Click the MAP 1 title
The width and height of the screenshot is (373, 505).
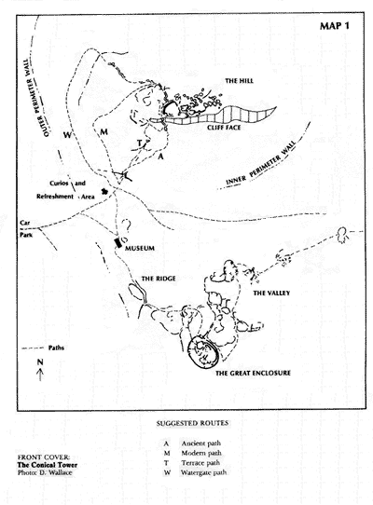pos(335,26)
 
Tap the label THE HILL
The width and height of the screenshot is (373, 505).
pos(239,81)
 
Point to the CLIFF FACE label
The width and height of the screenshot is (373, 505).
pos(224,128)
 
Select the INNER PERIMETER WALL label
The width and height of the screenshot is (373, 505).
pos(260,165)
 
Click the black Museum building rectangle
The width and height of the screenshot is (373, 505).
pos(118,242)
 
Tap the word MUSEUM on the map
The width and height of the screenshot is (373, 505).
pos(140,249)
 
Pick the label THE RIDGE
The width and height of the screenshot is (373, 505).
pos(159,279)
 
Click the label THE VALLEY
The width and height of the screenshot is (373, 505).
pos(271,293)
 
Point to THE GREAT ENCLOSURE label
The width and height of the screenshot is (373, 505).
pos(253,373)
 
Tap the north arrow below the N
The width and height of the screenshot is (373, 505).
pos(40,375)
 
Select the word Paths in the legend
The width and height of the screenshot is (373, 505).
pos(56,348)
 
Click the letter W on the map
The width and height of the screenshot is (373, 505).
pos(67,135)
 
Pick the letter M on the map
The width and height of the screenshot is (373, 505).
pos(104,132)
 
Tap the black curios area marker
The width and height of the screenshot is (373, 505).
pos(104,191)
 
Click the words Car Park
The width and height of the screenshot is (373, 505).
pos(25,228)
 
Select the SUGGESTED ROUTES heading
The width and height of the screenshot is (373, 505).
pos(192,423)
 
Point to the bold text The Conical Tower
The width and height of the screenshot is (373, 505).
pos(47,465)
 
